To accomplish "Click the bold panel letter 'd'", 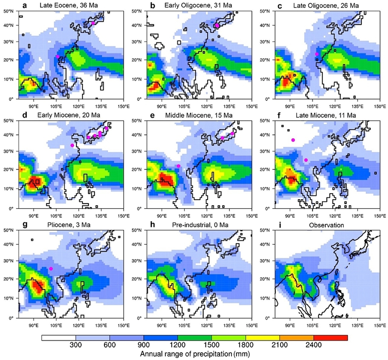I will point(25,115).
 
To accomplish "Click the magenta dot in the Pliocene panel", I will point(51,269).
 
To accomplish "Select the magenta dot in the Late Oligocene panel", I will point(317,54).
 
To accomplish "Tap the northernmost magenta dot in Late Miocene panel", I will point(293,140).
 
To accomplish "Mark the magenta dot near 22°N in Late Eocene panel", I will point(57,57).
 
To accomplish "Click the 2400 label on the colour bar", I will point(313,346).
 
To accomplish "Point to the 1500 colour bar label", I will point(211,346).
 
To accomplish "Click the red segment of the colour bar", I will point(330,338).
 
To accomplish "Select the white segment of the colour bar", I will point(59,338).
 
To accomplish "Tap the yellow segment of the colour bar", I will point(262,338).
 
